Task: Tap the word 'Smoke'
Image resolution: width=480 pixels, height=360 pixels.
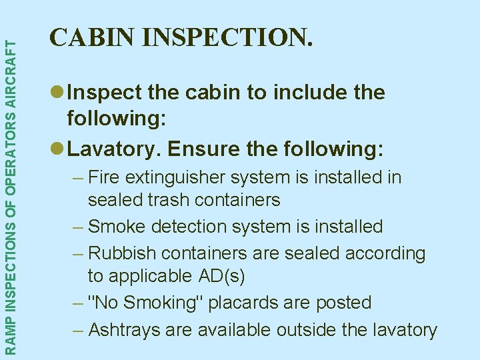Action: (x=117, y=227)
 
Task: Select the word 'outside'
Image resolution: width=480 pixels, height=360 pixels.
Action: (x=339, y=329)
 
